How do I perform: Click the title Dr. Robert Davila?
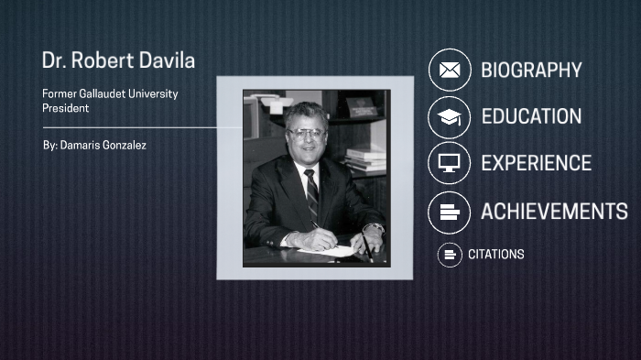point(118,60)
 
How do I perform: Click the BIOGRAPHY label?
point(531,70)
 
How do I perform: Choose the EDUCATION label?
point(531,116)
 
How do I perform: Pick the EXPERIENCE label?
point(536,163)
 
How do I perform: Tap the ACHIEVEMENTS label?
point(554,212)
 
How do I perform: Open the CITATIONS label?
point(495,254)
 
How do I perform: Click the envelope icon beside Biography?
point(449,70)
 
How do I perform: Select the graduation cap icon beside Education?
point(449,116)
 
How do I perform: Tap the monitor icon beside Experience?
point(449,163)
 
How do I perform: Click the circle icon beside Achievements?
point(449,212)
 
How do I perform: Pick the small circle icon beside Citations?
point(449,254)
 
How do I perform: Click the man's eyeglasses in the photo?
point(307,133)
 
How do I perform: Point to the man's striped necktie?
point(311,192)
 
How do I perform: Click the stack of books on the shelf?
point(365,158)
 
